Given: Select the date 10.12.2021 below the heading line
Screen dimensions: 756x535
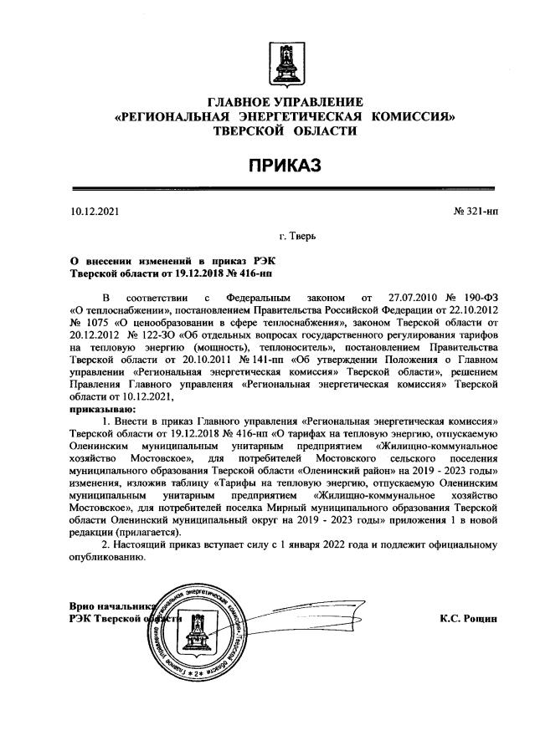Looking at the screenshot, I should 96,212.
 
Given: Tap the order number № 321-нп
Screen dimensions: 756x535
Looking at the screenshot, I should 476,212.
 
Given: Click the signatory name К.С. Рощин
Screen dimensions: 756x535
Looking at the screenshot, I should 468,619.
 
